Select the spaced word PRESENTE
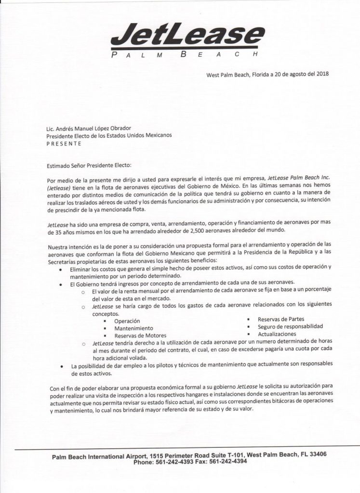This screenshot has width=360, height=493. click(x=64, y=143)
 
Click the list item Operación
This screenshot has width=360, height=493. click(x=127, y=321)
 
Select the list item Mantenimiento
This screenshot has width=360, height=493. click(x=133, y=328)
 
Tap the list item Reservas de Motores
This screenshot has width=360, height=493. click(x=140, y=336)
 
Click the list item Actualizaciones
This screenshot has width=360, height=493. click(x=277, y=334)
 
